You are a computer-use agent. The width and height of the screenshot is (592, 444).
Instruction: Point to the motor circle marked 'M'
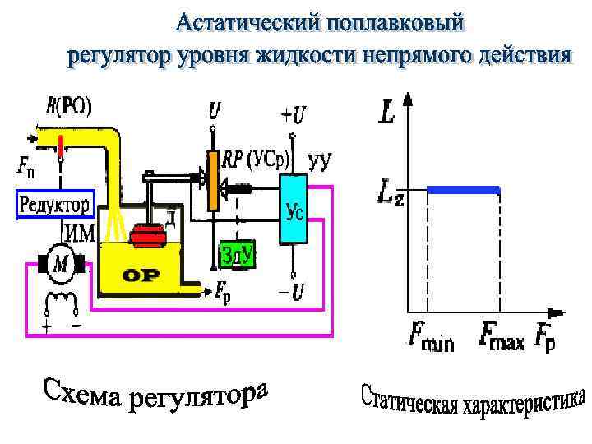click(61, 263)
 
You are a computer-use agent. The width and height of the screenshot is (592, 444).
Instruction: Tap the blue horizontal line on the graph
click(464, 190)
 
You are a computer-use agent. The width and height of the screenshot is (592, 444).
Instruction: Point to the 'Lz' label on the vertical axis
click(390, 194)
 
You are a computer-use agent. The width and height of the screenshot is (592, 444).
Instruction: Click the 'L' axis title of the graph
click(386, 111)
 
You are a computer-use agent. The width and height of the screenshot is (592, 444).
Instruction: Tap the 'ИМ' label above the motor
click(79, 233)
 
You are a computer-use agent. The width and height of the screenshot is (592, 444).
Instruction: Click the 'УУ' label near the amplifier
click(318, 161)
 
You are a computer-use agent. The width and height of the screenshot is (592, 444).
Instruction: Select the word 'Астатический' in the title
click(247, 22)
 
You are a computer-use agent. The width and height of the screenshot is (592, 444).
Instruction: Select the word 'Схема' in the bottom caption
click(78, 393)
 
